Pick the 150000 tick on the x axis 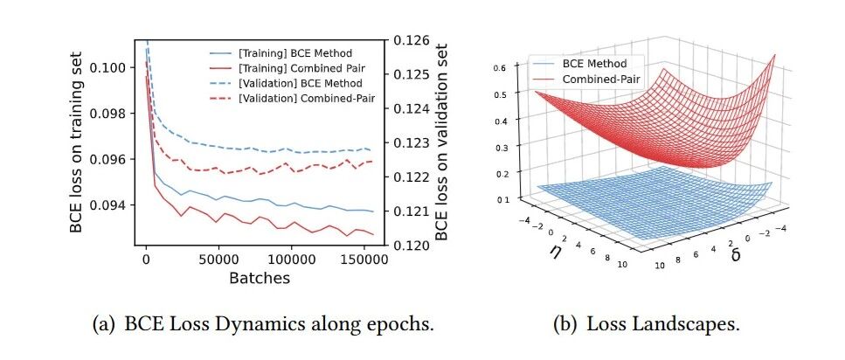point(364,260)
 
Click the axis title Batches point(260,278)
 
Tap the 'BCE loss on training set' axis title point(77,142)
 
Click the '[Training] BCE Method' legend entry point(281,53)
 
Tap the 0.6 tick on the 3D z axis point(502,68)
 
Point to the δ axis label point(735,254)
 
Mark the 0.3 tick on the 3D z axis point(502,146)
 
